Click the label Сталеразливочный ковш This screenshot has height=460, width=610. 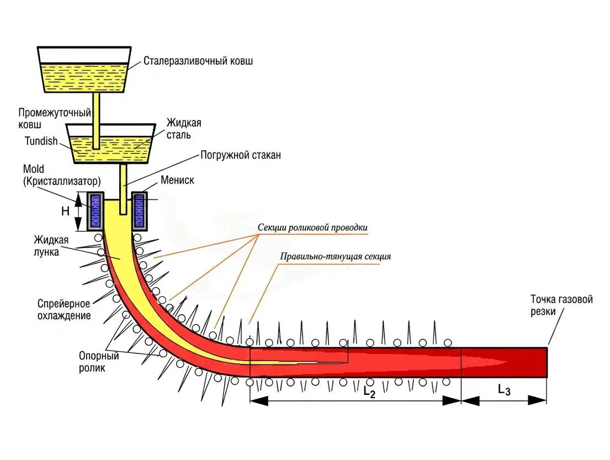[x=198, y=61]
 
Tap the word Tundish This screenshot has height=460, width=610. [x=41, y=141]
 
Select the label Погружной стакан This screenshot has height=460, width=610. [x=241, y=155]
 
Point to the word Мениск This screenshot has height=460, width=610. [x=177, y=180]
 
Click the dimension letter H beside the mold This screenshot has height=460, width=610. [x=65, y=211]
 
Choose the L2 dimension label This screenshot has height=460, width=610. [x=369, y=391]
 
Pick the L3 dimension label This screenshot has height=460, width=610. [x=504, y=389]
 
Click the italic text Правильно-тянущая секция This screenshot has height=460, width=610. [x=335, y=256]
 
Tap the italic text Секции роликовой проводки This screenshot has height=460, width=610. [x=312, y=228]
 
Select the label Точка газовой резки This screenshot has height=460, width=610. [x=561, y=305]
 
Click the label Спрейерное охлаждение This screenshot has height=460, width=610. [x=64, y=309]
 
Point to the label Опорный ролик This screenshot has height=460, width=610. [x=99, y=362]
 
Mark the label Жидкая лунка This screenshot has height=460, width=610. [x=51, y=246]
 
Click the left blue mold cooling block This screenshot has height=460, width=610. [x=96, y=212]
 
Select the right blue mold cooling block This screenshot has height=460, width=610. [x=139, y=212]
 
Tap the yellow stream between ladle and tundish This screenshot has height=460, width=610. [x=96, y=120]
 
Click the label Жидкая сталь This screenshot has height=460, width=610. [x=184, y=129]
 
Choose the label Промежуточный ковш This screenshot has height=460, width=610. [x=55, y=119]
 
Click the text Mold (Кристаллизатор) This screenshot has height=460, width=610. [x=62, y=175]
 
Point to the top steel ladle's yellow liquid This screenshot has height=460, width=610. [x=84, y=78]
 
